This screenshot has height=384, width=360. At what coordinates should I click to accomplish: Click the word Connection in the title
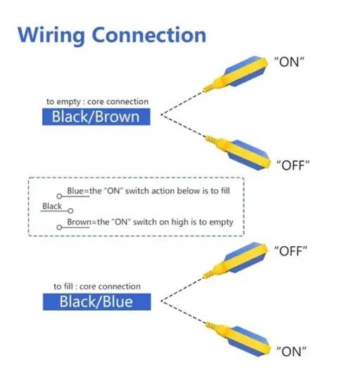(x=149, y=34)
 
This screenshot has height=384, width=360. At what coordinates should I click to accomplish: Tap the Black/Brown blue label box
(x=96, y=117)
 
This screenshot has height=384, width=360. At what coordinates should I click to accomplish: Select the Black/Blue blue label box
(x=97, y=302)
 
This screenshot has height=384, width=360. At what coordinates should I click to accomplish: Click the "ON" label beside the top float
(x=289, y=62)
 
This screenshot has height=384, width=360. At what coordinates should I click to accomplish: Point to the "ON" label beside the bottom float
(x=291, y=352)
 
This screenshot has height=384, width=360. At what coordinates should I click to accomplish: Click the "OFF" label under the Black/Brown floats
(x=293, y=165)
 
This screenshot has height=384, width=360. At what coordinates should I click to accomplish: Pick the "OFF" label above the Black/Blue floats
(x=290, y=251)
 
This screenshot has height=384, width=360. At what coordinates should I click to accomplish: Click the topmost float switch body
(x=236, y=73)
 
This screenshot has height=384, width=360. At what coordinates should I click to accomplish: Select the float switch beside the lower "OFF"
(x=236, y=260)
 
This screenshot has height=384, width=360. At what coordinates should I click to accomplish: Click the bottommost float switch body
(x=238, y=339)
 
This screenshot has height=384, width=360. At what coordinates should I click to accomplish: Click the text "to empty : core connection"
(x=98, y=102)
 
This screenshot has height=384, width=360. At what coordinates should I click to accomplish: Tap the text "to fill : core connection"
(x=97, y=286)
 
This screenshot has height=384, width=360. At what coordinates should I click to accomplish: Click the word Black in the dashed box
(x=52, y=206)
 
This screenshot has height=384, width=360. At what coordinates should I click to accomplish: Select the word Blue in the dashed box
(x=75, y=191)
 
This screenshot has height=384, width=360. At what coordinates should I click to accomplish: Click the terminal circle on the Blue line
(x=59, y=196)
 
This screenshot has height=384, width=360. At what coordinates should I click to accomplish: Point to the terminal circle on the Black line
(x=70, y=210)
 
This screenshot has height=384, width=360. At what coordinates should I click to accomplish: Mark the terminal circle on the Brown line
(x=59, y=227)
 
